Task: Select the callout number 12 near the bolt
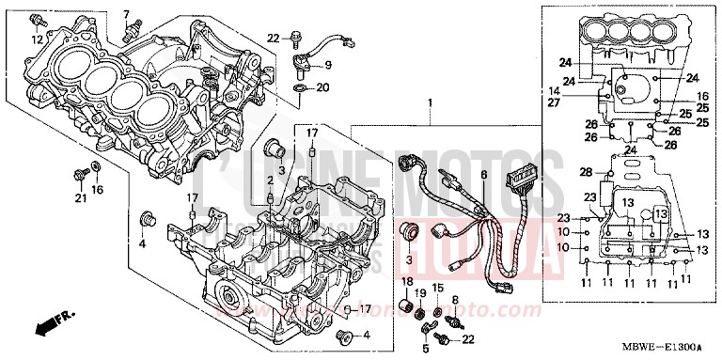click(x=37, y=39)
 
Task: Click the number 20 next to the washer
click(x=322, y=88)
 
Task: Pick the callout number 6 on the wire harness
click(x=484, y=175)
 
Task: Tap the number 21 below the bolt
click(x=80, y=196)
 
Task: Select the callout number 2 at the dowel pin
click(x=268, y=180)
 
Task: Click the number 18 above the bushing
click(x=408, y=282)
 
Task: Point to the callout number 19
click(x=420, y=293)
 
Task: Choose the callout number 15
click(x=437, y=286)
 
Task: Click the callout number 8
click(x=455, y=300)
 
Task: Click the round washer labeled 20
click(x=299, y=88)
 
